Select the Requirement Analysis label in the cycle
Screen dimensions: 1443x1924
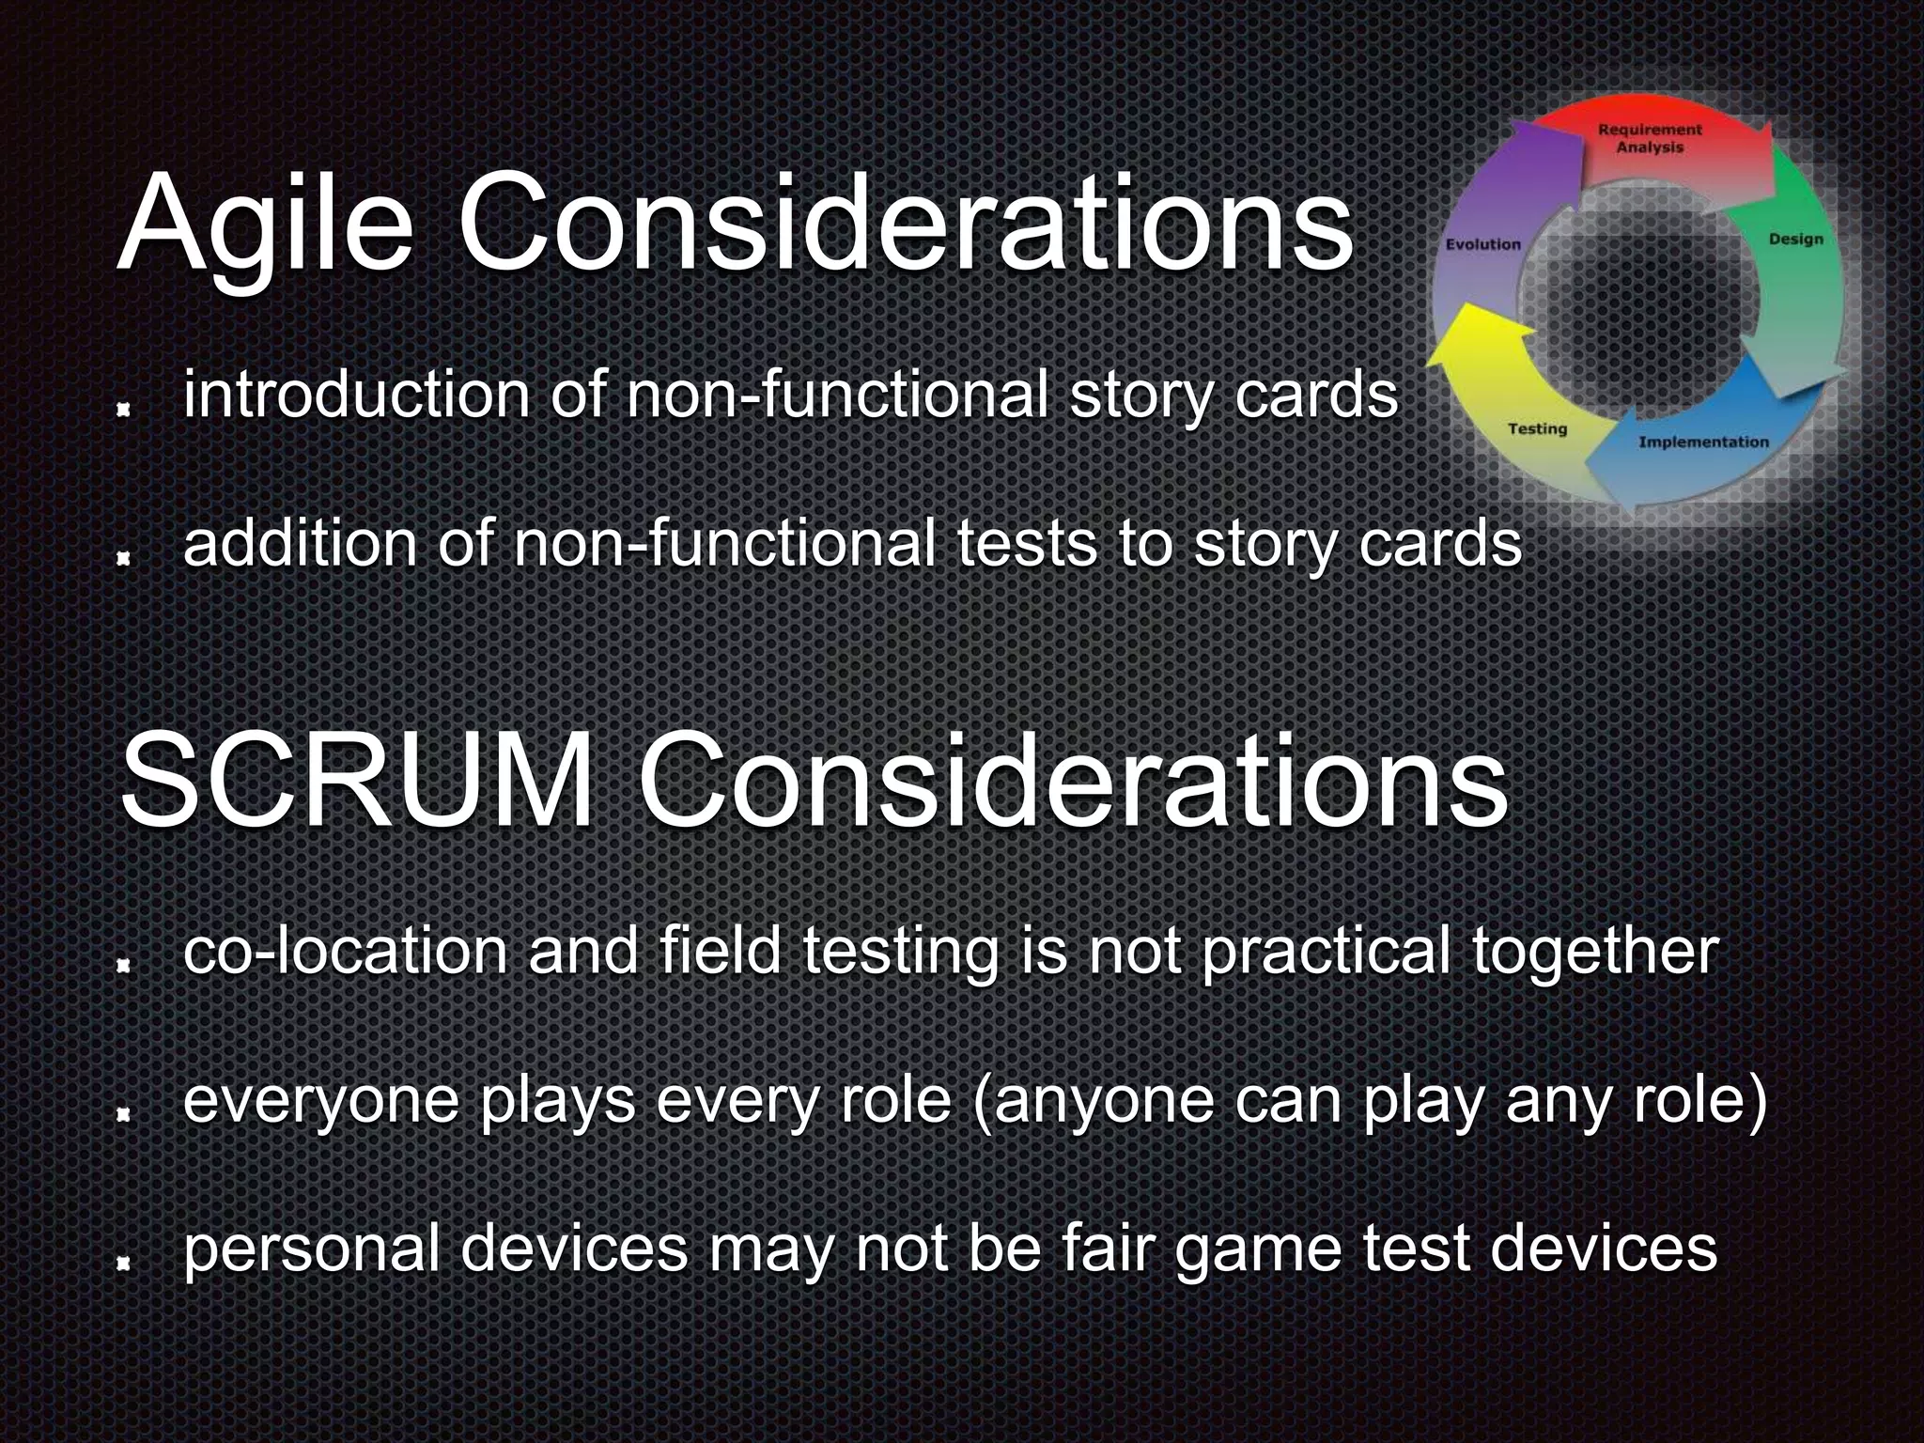(1650, 138)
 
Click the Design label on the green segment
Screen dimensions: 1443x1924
(1795, 240)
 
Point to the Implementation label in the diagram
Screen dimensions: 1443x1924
(1703, 442)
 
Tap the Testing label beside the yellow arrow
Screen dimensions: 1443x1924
(1538, 428)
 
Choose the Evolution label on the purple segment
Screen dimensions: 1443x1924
(1482, 244)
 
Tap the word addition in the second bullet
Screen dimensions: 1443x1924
(301, 545)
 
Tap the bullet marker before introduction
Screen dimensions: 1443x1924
(122, 410)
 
